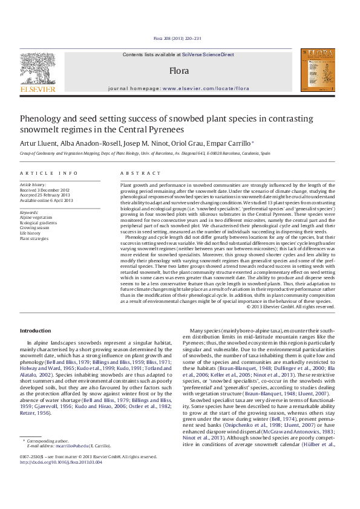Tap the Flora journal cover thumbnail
(x=320, y=71)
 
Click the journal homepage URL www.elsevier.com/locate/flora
(x=205, y=88)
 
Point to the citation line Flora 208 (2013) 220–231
(x=180, y=38)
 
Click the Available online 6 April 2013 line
(x=47, y=200)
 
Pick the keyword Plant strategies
(x=35, y=238)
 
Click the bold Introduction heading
(x=36, y=331)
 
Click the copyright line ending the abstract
(x=291, y=306)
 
